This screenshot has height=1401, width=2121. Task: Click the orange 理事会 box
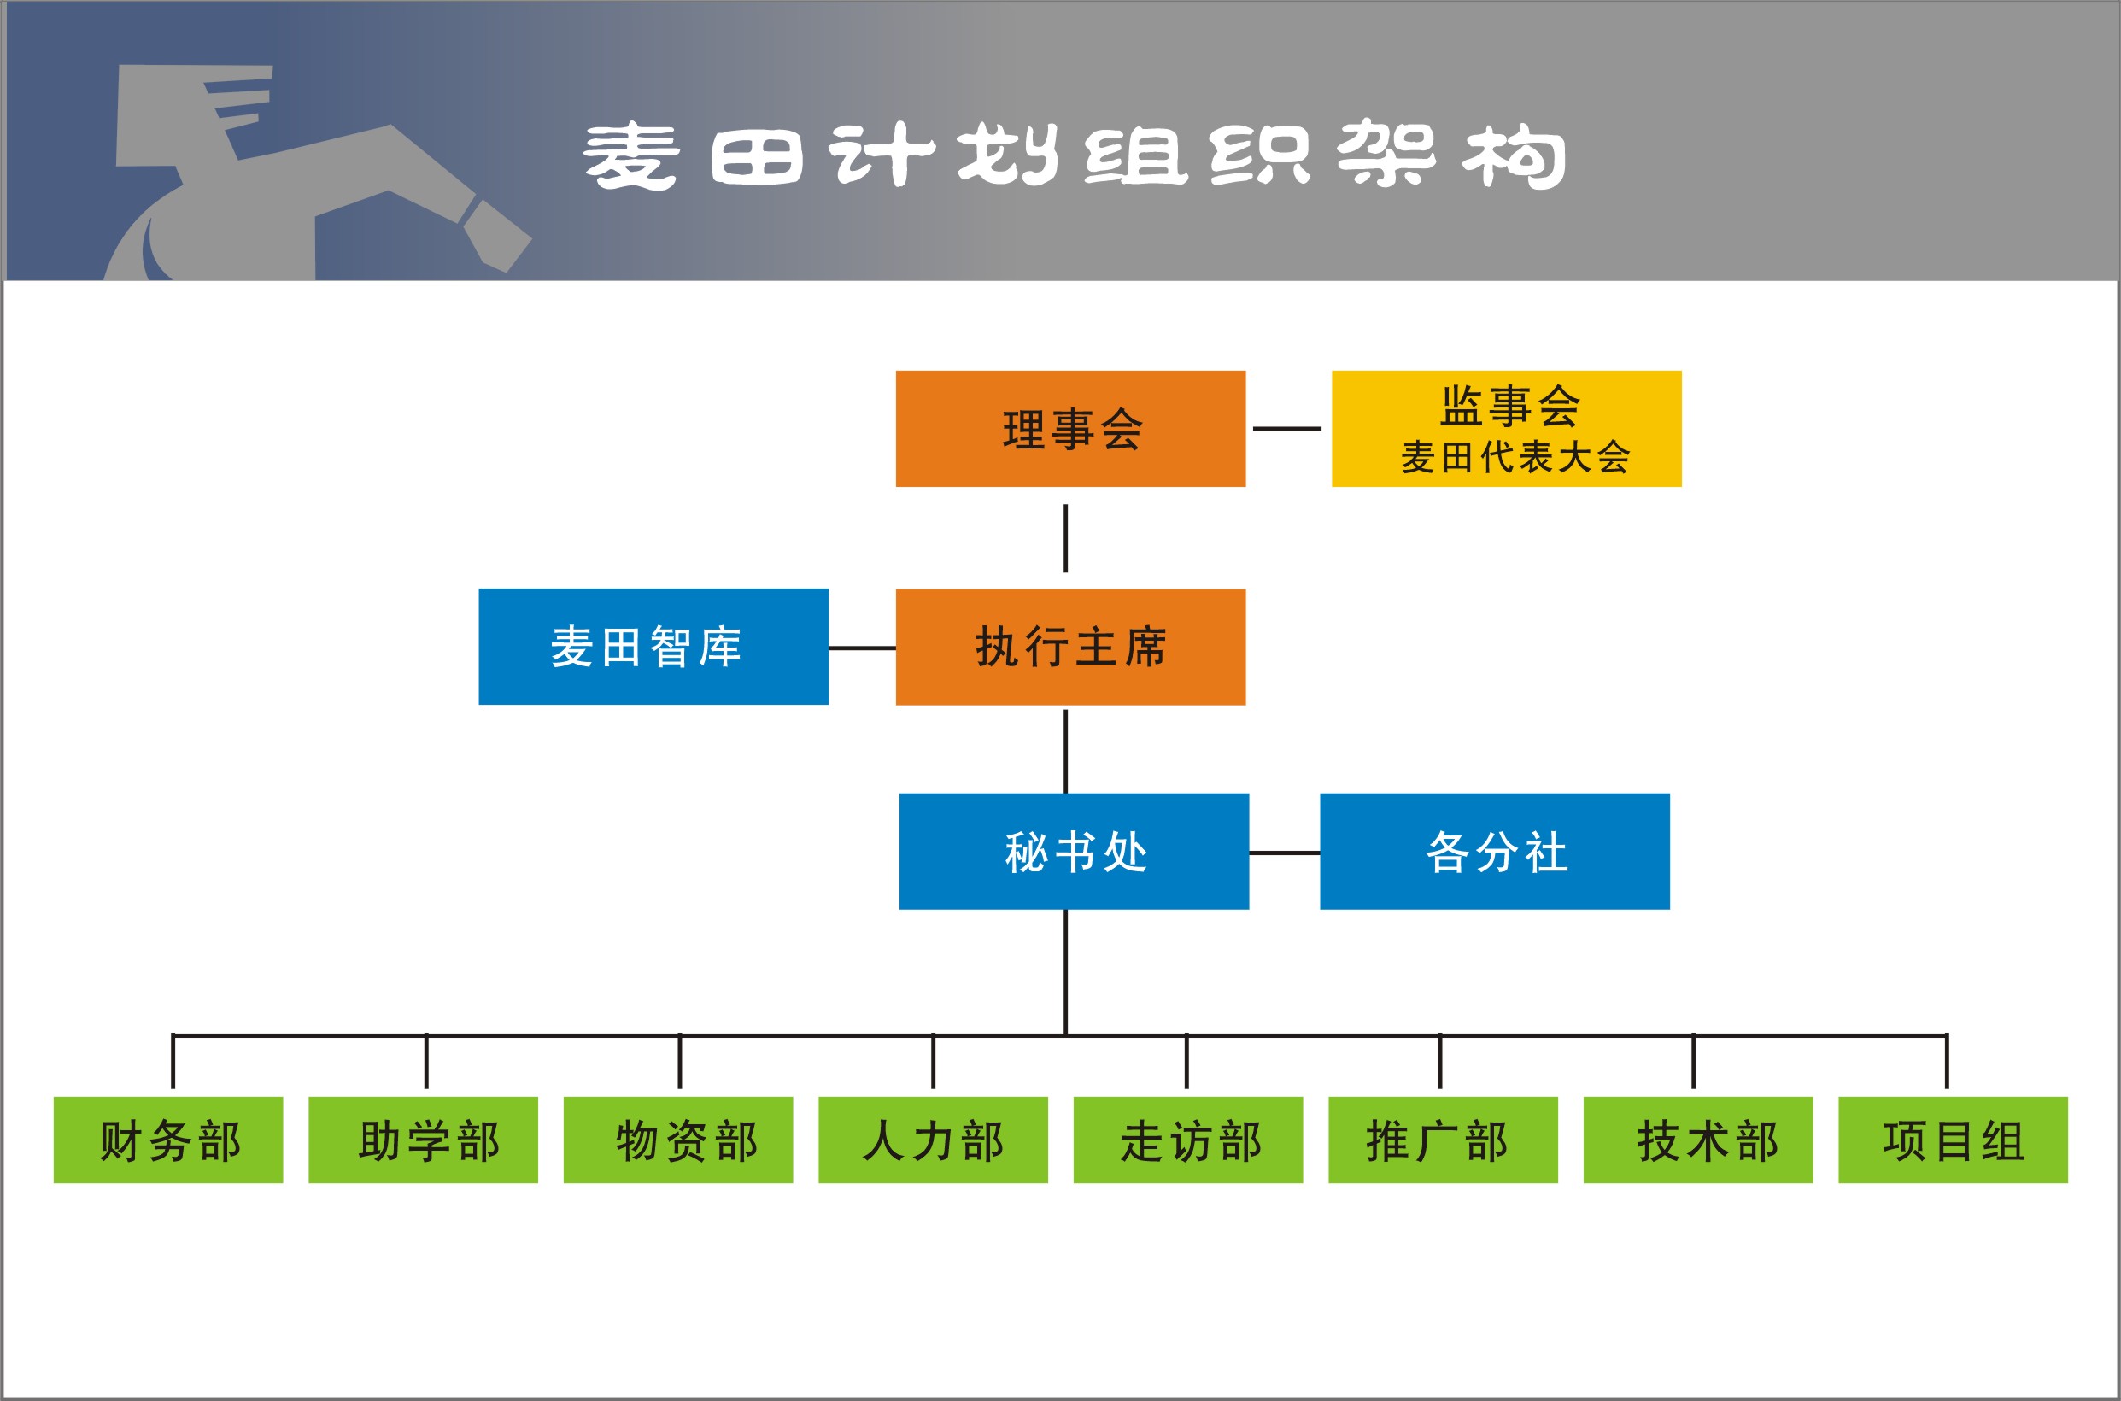[1070, 429]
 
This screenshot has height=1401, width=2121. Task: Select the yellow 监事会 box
[1506, 429]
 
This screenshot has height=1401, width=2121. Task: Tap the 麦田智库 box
[653, 647]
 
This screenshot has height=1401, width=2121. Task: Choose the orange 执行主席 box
[1070, 647]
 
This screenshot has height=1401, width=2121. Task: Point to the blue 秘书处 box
[1074, 852]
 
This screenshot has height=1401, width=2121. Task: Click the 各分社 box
[1495, 852]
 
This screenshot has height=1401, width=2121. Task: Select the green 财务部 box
[168, 1140]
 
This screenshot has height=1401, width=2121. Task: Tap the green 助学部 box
[424, 1140]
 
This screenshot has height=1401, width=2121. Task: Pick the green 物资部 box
[678, 1140]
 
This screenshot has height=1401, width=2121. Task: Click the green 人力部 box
[933, 1140]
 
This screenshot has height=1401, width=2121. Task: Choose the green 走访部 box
[1188, 1140]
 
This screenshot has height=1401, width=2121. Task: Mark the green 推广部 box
[1443, 1140]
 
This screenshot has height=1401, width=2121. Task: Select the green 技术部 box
[1698, 1140]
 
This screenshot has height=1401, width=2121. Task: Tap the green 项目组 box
[1953, 1140]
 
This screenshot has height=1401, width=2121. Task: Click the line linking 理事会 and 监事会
[1286, 429]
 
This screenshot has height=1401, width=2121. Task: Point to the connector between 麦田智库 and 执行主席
[862, 648]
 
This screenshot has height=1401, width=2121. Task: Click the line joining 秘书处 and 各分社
[1285, 853]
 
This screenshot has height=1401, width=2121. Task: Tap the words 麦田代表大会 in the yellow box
[1515, 458]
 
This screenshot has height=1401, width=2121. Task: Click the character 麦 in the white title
[630, 155]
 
